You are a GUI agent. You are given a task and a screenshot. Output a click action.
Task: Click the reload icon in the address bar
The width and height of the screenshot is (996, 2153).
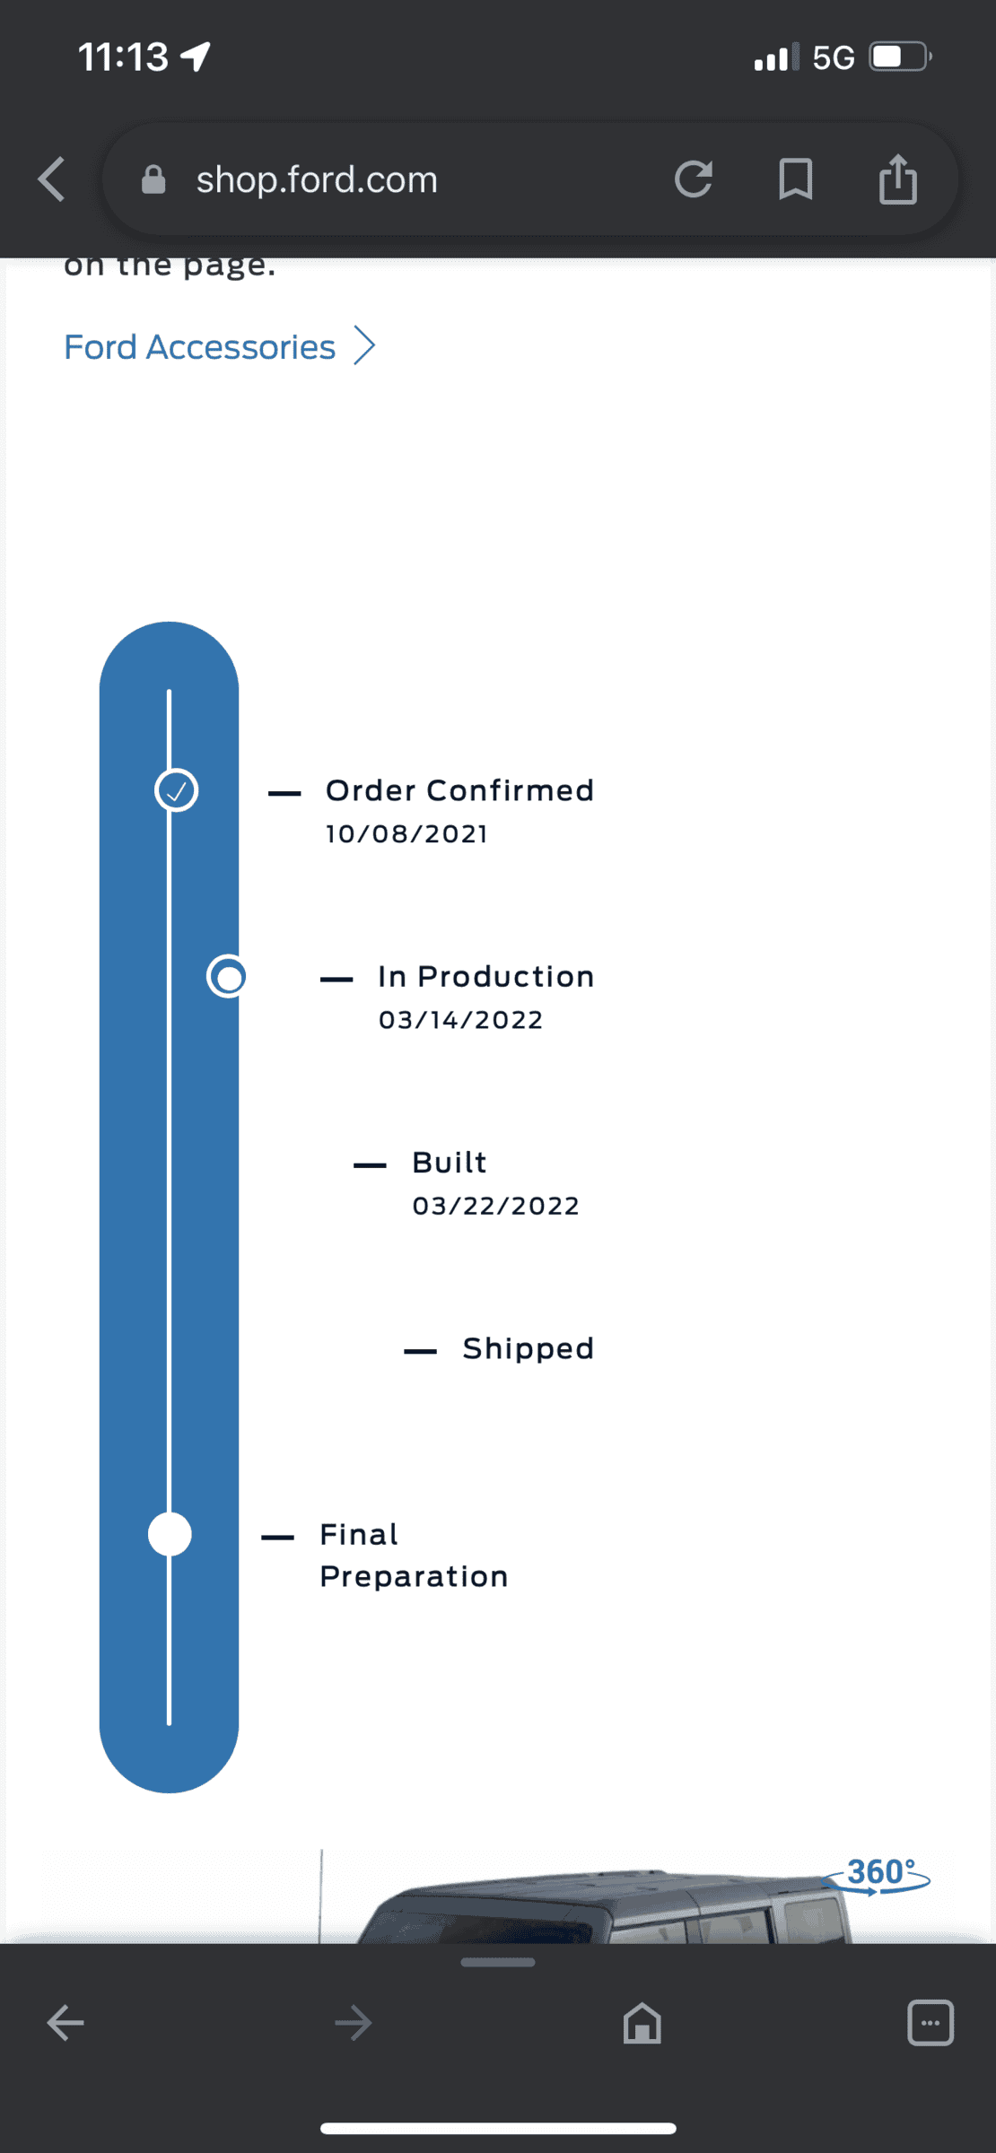[694, 179]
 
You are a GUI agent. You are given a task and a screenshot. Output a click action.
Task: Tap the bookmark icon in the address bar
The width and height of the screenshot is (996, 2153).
[796, 179]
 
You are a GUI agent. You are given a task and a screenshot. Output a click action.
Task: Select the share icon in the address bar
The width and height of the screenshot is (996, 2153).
[898, 179]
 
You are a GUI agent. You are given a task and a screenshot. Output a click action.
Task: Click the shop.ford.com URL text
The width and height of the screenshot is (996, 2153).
[317, 179]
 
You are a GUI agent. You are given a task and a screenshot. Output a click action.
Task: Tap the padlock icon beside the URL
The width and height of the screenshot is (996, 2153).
[153, 179]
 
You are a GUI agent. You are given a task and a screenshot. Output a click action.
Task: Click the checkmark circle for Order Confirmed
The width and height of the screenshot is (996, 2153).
[176, 790]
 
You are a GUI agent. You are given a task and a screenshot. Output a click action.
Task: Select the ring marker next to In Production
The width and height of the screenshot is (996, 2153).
[228, 976]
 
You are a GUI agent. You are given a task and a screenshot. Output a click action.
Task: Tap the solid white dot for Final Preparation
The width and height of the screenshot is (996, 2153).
[170, 1534]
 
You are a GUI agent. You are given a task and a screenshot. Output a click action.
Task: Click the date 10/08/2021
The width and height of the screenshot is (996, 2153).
[406, 834]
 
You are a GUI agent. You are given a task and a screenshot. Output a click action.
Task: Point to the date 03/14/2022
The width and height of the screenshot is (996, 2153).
[460, 1020]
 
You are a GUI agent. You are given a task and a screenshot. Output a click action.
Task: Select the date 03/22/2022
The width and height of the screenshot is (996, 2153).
[495, 1206]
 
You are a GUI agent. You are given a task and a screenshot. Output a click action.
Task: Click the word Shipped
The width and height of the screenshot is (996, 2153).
[528, 1348]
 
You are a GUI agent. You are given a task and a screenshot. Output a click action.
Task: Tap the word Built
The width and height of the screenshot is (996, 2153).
[449, 1163]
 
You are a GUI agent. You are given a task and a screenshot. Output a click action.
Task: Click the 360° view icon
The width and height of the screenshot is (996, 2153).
[877, 1874]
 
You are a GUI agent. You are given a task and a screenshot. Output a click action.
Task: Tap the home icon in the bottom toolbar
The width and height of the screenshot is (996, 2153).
[642, 2023]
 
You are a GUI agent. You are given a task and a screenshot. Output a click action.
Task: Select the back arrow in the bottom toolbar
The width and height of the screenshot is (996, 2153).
[66, 2023]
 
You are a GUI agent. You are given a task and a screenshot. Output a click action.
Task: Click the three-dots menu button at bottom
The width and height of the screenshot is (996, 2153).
[930, 2023]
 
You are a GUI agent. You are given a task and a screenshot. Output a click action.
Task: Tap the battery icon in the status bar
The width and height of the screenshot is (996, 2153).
[901, 57]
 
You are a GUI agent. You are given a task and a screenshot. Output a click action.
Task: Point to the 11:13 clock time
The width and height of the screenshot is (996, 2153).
[123, 57]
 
